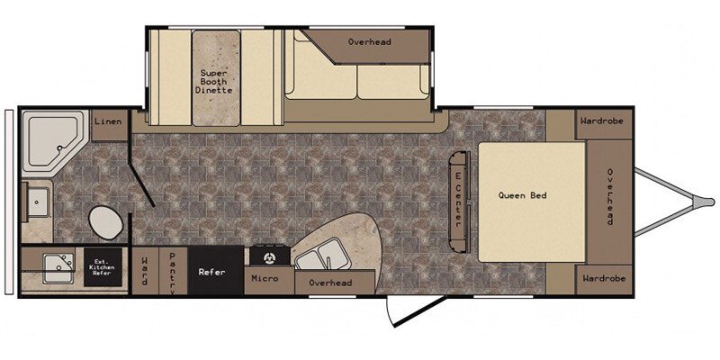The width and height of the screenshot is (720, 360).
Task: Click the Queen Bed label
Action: click(523, 195)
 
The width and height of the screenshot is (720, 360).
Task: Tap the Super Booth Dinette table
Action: click(216, 78)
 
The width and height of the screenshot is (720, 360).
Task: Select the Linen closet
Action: click(109, 125)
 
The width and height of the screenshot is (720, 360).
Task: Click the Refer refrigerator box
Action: click(215, 271)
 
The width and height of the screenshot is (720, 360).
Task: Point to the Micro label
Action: click(265, 278)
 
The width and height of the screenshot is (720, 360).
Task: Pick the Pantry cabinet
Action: click(173, 271)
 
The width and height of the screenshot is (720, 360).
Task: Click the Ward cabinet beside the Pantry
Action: click(145, 271)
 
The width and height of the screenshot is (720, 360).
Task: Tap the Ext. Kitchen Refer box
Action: click(103, 267)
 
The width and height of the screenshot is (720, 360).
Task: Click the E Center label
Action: click(458, 201)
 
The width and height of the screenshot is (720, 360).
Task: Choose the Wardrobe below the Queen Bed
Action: click(603, 279)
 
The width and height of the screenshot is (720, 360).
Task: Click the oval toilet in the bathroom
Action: click(105, 221)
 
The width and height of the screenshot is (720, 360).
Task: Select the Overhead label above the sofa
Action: click(369, 41)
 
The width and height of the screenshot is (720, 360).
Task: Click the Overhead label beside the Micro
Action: click(330, 283)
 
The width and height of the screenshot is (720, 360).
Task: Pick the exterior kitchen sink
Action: click(58, 268)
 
